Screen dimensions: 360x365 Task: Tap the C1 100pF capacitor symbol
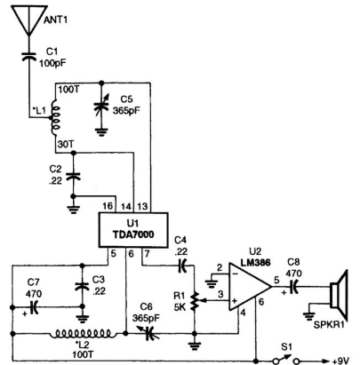click(x=29, y=57)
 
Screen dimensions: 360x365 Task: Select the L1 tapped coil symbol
click(x=55, y=118)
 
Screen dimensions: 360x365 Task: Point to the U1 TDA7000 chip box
click(x=133, y=230)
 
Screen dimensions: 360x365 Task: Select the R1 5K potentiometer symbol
click(x=195, y=301)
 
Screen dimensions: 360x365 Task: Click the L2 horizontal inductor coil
click(x=83, y=334)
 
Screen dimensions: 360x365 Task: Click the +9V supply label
click(x=340, y=361)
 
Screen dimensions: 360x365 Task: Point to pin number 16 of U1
click(x=108, y=206)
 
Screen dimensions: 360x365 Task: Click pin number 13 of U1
click(x=142, y=206)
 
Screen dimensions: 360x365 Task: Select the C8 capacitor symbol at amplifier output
click(x=293, y=287)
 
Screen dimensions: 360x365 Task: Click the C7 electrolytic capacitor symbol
click(x=34, y=308)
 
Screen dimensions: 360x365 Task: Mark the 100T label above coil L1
click(x=68, y=89)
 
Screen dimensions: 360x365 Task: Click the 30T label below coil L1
click(x=66, y=144)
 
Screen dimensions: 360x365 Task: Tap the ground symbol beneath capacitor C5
click(x=101, y=132)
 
